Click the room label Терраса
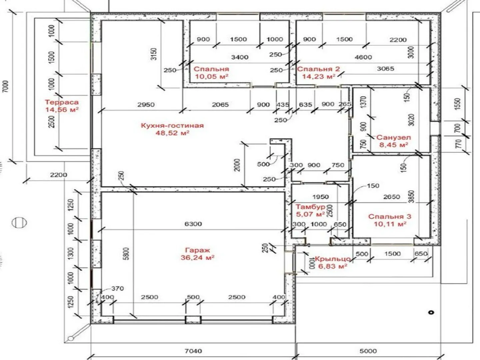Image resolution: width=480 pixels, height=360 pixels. pyautogui.click(x=62, y=102)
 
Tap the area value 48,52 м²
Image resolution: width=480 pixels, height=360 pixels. pyautogui.click(x=172, y=133)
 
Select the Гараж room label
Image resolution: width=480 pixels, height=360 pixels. pyautogui.click(x=197, y=250)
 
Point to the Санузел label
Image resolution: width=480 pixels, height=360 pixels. pyautogui.click(x=394, y=137)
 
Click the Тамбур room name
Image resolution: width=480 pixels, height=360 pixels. pyautogui.click(x=311, y=207)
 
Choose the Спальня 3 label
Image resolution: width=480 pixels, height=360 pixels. pyautogui.click(x=390, y=217)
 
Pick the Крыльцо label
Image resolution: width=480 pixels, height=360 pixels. pyautogui.click(x=333, y=259)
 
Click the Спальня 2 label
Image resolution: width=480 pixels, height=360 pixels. pyautogui.click(x=319, y=69)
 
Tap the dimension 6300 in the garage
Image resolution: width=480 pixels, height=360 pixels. pyautogui.click(x=193, y=224)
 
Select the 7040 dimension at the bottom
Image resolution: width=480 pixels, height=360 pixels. pyautogui.click(x=193, y=351)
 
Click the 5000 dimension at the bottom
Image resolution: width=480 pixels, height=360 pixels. pyautogui.click(x=368, y=351)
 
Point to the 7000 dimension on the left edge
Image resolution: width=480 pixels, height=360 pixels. pyautogui.click(x=6, y=86)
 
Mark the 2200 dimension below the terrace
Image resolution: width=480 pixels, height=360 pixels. pyautogui.click(x=59, y=175)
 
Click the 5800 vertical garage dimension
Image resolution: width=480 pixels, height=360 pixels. pyautogui.click(x=126, y=254)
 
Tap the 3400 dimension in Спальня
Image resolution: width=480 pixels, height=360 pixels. pyautogui.click(x=240, y=57)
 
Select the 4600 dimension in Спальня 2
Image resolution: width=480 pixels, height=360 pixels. pyautogui.click(x=363, y=57)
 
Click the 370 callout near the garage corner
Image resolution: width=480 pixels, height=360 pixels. pyautogui.click(x=118, y=289)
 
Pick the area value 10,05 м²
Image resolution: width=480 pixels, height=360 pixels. pyautogui.click(x=212, y=77)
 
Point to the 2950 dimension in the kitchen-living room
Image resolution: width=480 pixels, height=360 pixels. pyautogui.click(x=146, y=104)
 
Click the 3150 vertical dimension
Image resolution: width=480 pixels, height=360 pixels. pyautogui.click(x=154, y=54)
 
